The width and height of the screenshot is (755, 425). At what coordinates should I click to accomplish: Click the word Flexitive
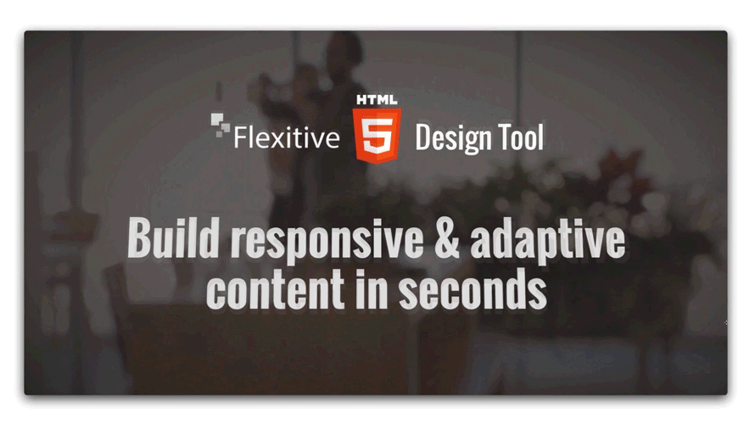(287, 137)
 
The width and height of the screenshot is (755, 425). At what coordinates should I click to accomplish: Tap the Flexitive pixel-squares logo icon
(220, 126)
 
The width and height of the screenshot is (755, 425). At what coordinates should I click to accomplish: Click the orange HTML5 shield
(377, 136)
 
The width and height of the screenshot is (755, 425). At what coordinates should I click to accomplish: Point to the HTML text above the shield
(377, 100)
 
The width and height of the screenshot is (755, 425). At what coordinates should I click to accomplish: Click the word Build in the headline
(173, 238)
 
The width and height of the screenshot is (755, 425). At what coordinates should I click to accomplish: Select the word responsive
(327, 241)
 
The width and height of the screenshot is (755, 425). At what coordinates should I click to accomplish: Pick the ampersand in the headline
(447, 238)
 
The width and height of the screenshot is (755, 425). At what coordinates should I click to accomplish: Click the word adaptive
(547, 241)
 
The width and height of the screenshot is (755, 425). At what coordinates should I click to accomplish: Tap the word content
(275, 289)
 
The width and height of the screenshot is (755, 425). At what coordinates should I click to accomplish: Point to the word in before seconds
(372, 288)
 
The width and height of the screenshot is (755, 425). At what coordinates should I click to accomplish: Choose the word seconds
(473, 288)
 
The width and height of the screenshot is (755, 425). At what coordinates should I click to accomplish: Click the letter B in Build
(139, 238)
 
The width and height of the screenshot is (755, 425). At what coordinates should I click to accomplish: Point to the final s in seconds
(537, 294)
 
